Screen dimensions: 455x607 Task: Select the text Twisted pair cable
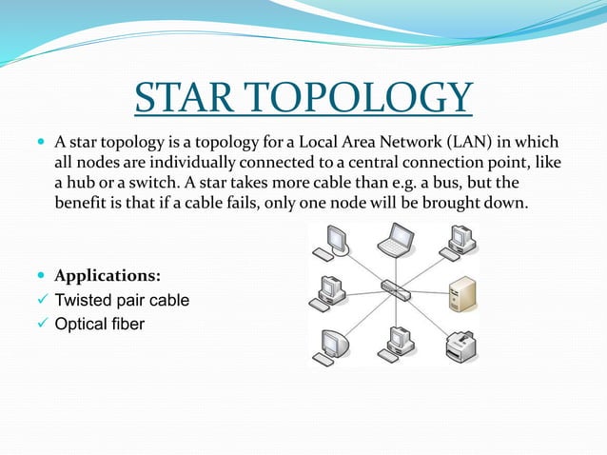(121, 301)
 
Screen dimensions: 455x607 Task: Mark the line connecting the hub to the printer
(430, 315)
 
